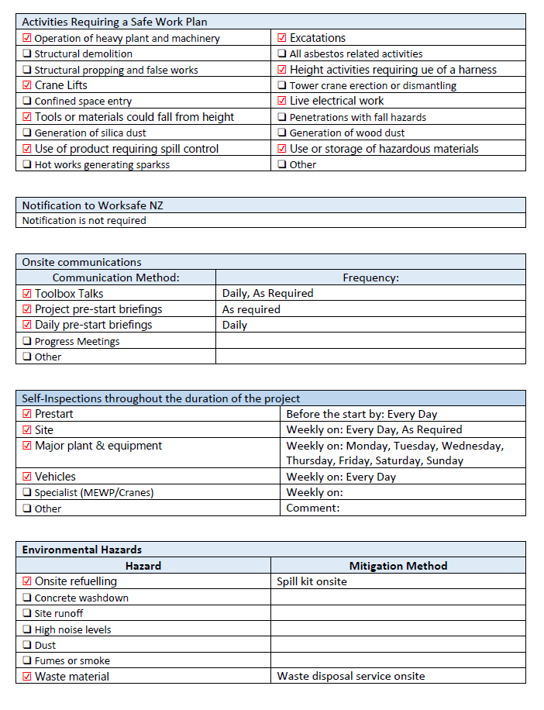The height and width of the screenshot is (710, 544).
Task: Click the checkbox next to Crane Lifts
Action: pyautogui.click(x=27, y=85)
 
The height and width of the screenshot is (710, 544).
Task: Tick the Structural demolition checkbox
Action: pyautogui.click(x=27, y=54)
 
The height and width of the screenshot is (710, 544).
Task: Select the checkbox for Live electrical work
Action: pyautogui.click(x=282, y=101)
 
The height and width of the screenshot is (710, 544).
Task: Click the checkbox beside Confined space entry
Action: pyautogui.click(x=27, y=102)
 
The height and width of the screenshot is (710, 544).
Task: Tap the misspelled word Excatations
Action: pyautogui.click(x=318, y=38)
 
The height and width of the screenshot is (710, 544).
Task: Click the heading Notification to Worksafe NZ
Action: pyautogui.click(x=92, y=205)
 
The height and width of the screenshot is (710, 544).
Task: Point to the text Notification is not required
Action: pyautogui.click(x=84, y=220)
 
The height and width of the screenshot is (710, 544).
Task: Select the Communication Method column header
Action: pyautogui.click(x=115, y=277)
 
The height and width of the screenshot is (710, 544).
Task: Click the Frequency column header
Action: pyautogui.click(x=370, y=277)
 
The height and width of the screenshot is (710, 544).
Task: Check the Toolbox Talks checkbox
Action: pyautogui.click(x=27, y=294)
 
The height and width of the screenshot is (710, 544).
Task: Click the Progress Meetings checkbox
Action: pyautogui.click(x=27, y=341)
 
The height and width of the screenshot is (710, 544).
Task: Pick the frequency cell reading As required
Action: pyautogui.click(x=251, y=309)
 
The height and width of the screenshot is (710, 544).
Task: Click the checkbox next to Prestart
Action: pyautogui.click(x=27, y=414)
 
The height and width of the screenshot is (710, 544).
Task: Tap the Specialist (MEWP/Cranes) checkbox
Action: pyautogui.click(x=27, y=493)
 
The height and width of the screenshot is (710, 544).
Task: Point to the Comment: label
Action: pyautogui.click(x=313, y=508)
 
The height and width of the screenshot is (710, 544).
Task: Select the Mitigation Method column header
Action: pyautogui.click(x=398, y=566)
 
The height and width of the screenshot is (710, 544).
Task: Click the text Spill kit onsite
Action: pyautogui.click(x=312, y=581)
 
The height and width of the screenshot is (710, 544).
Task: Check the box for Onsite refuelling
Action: pyautogui.click(x=27, y=581)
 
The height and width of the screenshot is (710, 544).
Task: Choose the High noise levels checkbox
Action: pyautogui.click(x=27, y=629)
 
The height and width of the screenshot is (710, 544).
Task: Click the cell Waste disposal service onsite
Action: pyautogui.click(x=350, y=677)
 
